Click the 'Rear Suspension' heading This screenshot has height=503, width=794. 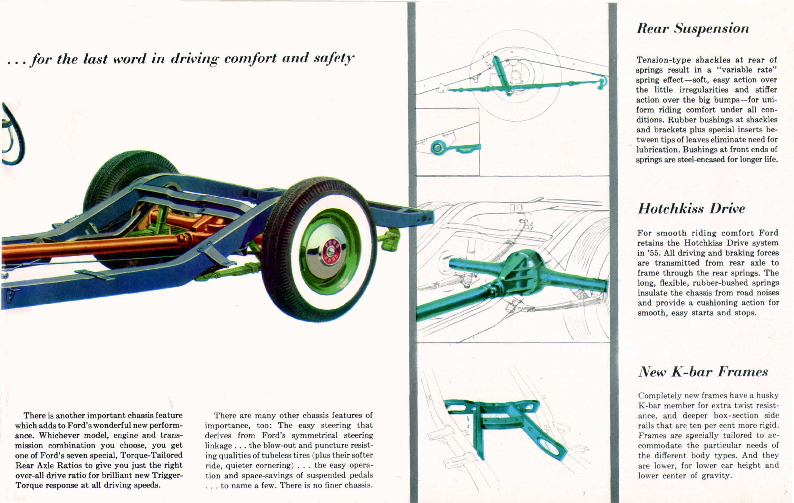(692, 29)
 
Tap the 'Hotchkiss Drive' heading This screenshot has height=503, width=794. (691, 209)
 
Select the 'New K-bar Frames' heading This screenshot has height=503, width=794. (703, 372)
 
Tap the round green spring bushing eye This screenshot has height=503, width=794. (437, 147)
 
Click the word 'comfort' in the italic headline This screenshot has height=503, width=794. (250, 58)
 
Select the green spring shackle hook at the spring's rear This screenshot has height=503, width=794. (602, 82)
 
